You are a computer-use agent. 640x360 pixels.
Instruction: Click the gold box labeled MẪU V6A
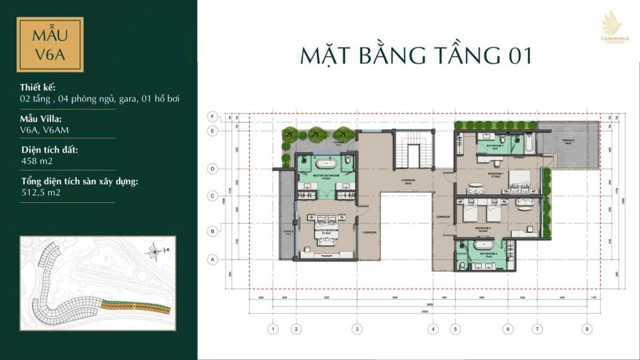click(50, 44)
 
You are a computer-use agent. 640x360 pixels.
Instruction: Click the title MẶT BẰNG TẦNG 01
click(416, 55)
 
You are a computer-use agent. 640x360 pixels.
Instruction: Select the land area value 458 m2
click(37, 161)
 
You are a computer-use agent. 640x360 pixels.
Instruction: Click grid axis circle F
click(213, 116)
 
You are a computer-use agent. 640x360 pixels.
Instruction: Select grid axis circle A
click(213, 260)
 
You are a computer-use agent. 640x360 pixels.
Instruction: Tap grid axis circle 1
click(273, 330)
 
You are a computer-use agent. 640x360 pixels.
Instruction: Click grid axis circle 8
click(588, 330)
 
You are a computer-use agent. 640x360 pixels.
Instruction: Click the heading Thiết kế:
click(37, 87)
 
